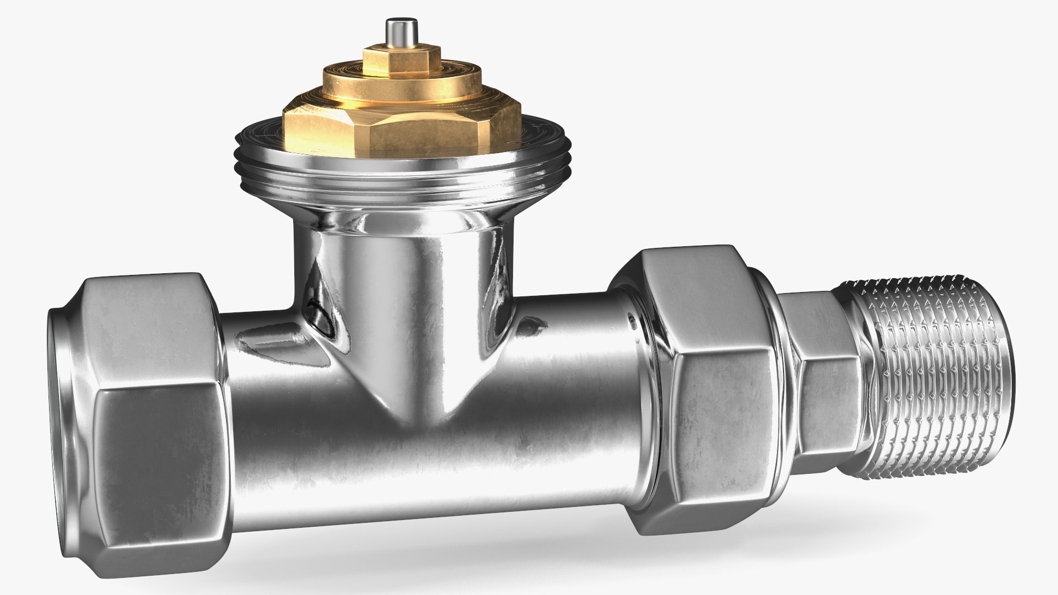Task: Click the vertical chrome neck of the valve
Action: pos(408,259)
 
